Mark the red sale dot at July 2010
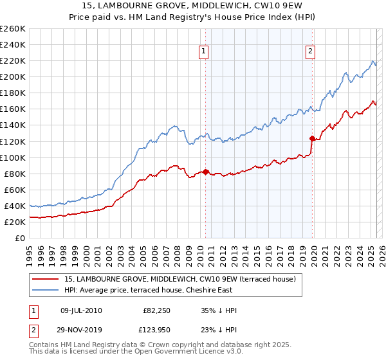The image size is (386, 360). click(x=205, y=172)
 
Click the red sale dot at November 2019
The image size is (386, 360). click(x=312, y=138)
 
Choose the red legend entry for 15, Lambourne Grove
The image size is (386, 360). click(x=179, y=279)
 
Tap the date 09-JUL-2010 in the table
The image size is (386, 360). click(x=81, y=310)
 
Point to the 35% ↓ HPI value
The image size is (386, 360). click(x=219, y=310)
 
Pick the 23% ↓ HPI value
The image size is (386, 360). click(x=219, y=328)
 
